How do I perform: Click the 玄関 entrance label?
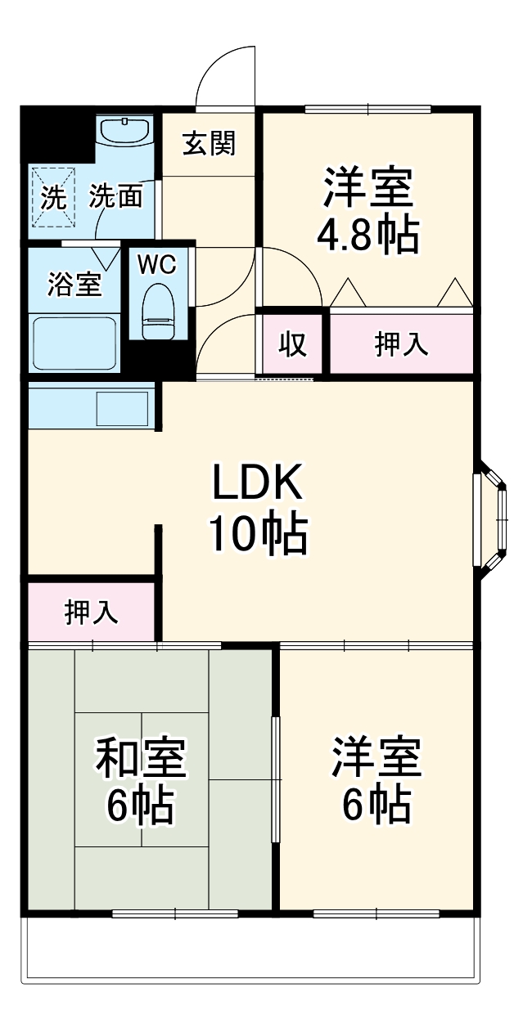point(209,144)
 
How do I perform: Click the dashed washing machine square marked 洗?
point(53,196)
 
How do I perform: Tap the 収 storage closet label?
point(293,345)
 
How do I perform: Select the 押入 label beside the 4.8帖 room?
point(401,345)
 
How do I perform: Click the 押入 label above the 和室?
point(92,613)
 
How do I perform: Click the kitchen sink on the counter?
point(123,406)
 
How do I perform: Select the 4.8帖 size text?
point(367,235)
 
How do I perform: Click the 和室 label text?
point(141,759)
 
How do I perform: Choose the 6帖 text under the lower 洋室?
point(376,806)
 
